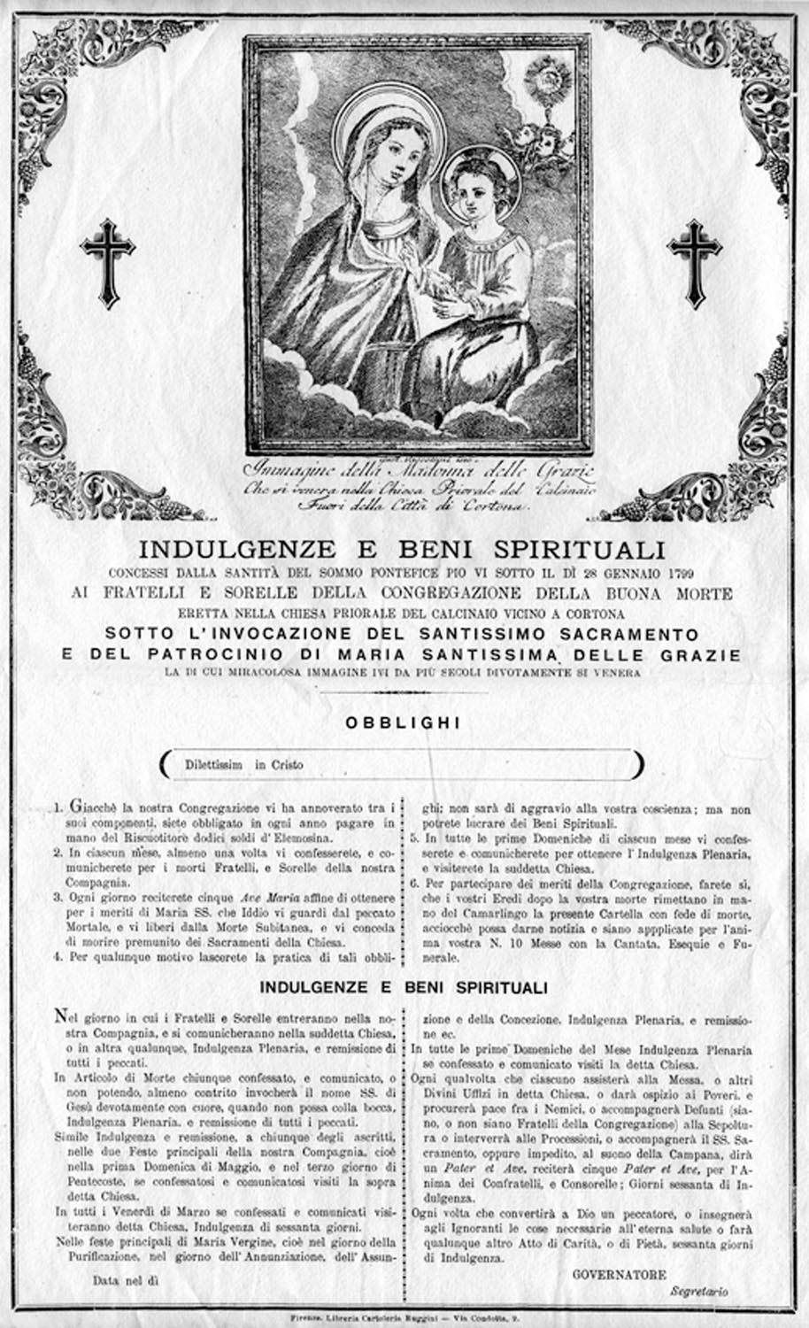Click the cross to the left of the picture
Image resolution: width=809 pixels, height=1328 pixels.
coord(107,263)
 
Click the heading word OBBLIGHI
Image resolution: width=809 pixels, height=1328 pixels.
coord(403,723)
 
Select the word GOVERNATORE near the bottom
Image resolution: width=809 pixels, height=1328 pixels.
coord(620,1275)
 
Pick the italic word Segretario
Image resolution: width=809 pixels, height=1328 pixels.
coord(699,1292)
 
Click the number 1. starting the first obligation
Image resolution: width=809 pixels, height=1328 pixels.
coord(56,808)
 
